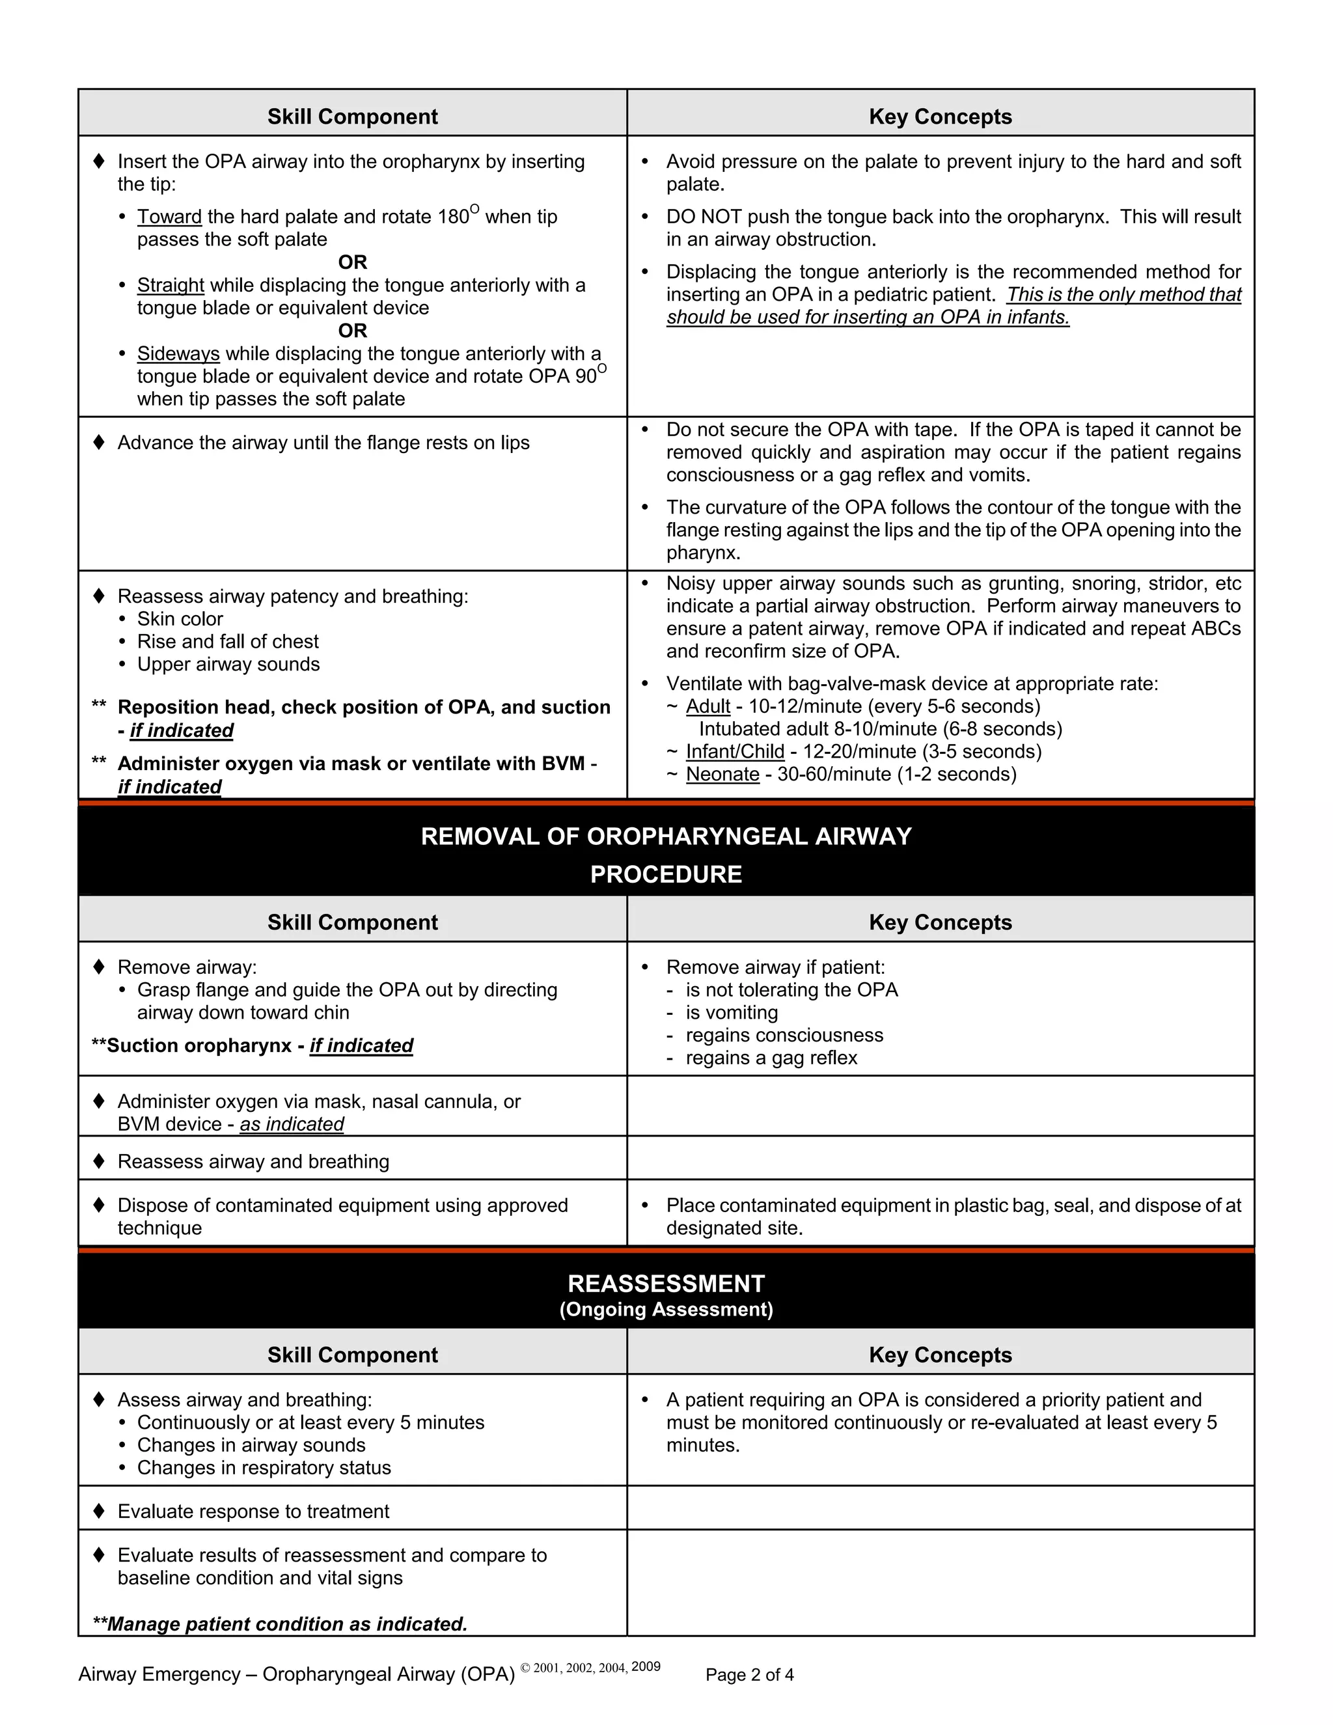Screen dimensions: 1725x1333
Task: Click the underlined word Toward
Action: [169, 217]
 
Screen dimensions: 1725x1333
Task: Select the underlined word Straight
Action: [171, 285]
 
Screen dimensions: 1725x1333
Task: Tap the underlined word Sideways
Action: [178, 354]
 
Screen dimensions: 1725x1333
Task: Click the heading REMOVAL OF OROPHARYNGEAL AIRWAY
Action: [666, 836]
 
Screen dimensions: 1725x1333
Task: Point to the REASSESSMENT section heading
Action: [666, 1284]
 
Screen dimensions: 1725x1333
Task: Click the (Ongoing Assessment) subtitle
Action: [666, 1310]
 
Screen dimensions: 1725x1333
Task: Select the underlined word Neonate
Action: [722, 774]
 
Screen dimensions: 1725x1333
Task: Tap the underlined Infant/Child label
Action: [734, 751]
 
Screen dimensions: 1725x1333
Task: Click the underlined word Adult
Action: [708, 706]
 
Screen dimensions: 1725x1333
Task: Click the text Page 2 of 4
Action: [749, 1674]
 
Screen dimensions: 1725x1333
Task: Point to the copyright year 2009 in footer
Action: [646, 1666]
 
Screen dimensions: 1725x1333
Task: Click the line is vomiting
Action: [731, 1013]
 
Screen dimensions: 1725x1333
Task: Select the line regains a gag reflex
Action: [771, 1058]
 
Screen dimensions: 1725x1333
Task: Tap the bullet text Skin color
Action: [180, 619]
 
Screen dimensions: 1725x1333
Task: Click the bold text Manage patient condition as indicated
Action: [286, 1624]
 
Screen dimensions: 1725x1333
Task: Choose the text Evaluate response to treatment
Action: [253, 1511]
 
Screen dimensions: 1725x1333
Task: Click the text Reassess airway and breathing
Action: [253, 1161]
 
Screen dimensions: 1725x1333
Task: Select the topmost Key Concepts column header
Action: [940, 117]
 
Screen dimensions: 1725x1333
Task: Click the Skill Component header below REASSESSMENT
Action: [352, 1355]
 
